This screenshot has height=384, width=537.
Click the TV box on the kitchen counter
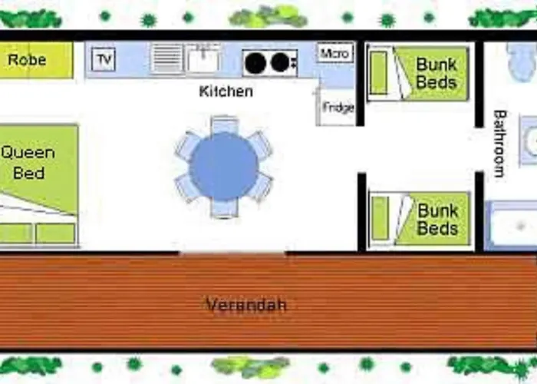click(104, 59)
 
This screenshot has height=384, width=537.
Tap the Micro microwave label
click(334, 53)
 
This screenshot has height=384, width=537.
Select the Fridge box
click(336, 107)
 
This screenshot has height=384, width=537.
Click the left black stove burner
click(255, 64)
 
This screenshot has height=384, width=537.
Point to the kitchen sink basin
click(203, 58)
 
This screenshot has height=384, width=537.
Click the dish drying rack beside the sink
click(167, 58)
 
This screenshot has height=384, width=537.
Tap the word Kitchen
click(226, 91)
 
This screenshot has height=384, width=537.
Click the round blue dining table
click(224, 167)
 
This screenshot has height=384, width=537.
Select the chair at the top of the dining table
click(224, 124)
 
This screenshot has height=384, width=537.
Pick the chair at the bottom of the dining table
click(224, 208)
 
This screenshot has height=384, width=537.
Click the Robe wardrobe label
click(27, 60)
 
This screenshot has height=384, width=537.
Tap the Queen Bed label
click(28, 163)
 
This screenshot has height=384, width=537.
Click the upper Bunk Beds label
click(437, 74)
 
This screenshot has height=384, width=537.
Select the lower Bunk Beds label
click(437, 220)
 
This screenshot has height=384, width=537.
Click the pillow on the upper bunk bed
click(379, 72)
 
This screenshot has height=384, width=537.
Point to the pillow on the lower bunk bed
click(380, 218)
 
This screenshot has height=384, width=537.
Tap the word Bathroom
click(499, 144)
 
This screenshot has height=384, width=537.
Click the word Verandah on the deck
click(246, 304)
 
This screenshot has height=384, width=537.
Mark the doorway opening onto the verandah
click(233, 253)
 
